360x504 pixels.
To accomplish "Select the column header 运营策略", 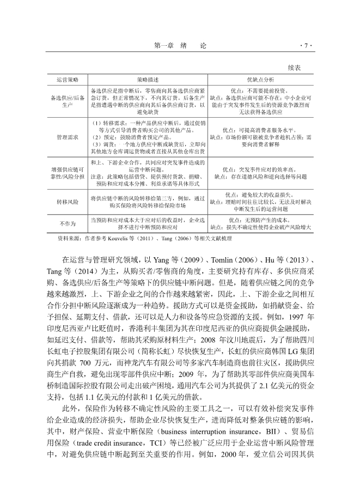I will [x=68, y=80].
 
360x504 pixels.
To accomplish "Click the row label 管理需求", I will [x=68, y=138].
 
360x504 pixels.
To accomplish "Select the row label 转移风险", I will [x=68, y=202].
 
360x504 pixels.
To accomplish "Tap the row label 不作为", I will [x=68, y=223].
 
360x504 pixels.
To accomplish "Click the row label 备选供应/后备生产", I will [x=68, y=100].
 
